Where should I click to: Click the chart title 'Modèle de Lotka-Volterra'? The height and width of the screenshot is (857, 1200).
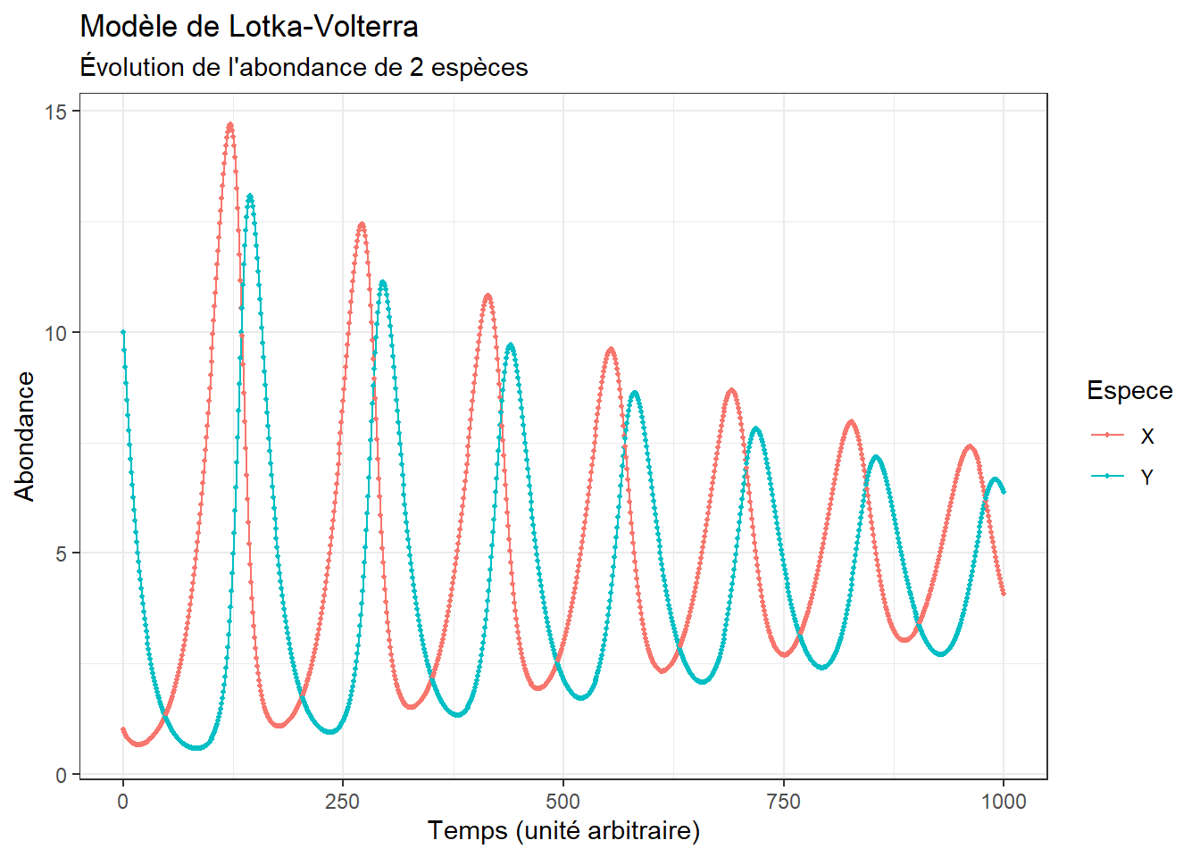(249, 27)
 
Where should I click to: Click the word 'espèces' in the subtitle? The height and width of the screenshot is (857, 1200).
(479, 68)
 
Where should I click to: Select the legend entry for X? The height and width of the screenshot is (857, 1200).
(1123, 436)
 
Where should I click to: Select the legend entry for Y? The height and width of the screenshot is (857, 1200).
(1123, 476)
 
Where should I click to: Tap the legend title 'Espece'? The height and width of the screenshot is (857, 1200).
(1129, 390)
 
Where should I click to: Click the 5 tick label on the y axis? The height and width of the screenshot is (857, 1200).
(61, 553)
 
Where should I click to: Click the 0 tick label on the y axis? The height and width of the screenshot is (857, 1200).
(61, 775)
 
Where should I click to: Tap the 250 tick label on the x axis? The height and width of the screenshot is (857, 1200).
(343, 802)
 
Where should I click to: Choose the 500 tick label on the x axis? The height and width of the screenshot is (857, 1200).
(563, 802)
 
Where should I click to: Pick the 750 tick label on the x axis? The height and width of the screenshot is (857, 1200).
(783, 802)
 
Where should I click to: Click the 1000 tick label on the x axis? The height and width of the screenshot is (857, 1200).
(1004, 802)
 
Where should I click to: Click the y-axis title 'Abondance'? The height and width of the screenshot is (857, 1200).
(25, 437)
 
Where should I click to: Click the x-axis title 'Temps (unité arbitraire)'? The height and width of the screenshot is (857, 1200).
(563, 832)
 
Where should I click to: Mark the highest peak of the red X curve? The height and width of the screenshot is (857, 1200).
(230, 125)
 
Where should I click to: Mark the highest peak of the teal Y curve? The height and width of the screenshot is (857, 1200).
(250, 196)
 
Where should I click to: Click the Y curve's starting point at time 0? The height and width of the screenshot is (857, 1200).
(123, 332)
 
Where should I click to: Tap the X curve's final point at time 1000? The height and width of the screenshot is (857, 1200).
(1004, 594)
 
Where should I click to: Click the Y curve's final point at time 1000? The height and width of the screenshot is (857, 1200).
(1004, 492)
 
